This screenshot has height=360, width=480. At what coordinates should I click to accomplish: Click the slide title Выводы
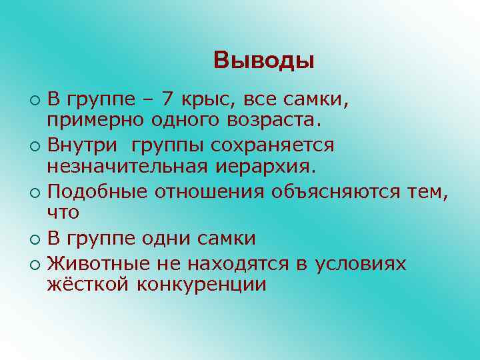(x=264, y=61)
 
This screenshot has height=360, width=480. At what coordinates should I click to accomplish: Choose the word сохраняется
(x=283, y=145)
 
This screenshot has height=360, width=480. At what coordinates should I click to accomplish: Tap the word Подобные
(x=98, y=191)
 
